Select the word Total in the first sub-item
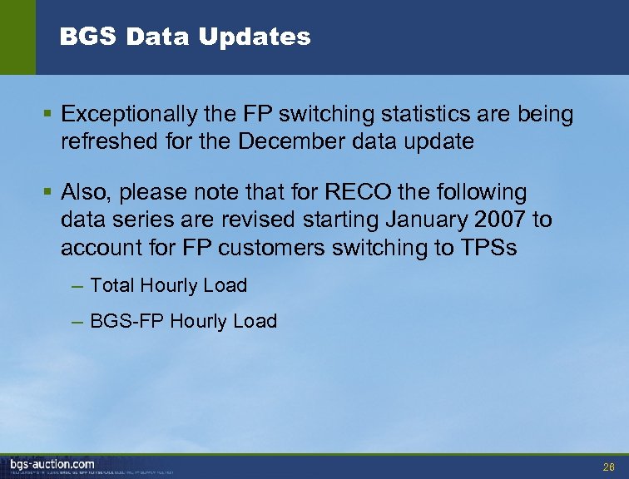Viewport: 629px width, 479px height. point(112,285)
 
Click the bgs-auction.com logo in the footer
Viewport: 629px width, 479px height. point(52,463)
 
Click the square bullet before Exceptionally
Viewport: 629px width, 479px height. point(49,114)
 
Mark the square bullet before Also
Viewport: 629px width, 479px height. point(49,192)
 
